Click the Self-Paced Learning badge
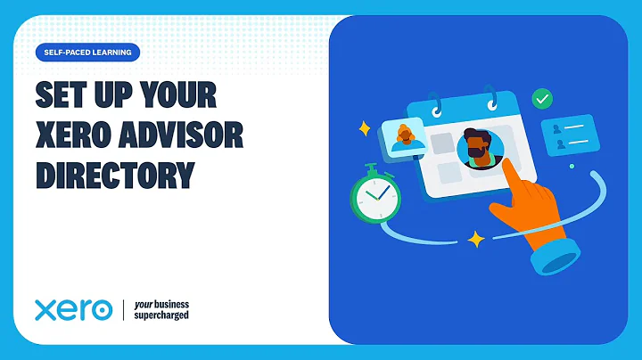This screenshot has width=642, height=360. tap(87, 53)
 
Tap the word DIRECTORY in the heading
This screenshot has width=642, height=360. tap(114, 173)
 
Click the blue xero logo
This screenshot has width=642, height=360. tap(73, 310)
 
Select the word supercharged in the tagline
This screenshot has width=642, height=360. tap(161, 315)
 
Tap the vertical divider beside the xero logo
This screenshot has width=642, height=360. tap(123, 310)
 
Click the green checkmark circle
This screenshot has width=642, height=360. tap(541, 99)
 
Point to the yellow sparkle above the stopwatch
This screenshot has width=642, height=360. tap(364, 128)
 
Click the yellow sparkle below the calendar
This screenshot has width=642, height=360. tap(475, 239)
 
